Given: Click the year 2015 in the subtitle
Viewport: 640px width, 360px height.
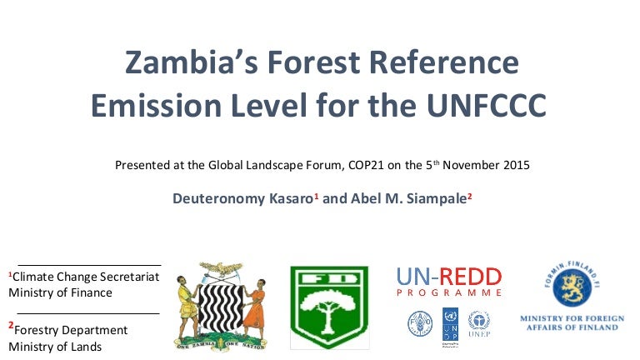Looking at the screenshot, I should point(512,165).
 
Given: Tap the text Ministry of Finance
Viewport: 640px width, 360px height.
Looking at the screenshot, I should point(60,292).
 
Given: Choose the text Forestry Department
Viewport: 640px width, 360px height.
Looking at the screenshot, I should point(70,330).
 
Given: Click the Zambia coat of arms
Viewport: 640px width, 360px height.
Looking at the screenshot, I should point(220,303).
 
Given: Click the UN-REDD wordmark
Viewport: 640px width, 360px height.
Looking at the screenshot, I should point(449,277).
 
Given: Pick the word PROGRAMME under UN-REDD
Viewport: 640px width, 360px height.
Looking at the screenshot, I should point(449,293).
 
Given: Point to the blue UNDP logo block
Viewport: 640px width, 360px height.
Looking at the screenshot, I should point(450,322).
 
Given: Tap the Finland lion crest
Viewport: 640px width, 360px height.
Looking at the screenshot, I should point(569,288).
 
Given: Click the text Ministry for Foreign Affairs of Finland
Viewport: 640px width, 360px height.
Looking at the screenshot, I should point(569,322).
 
